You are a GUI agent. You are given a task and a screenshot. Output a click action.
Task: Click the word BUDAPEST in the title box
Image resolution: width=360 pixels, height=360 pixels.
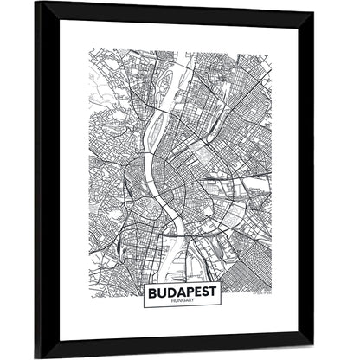[179, 292]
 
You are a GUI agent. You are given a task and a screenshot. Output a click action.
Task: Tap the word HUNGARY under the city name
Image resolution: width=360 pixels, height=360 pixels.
[179, 302]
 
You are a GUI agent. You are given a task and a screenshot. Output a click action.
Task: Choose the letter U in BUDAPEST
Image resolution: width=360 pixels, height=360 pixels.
[156, 292]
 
